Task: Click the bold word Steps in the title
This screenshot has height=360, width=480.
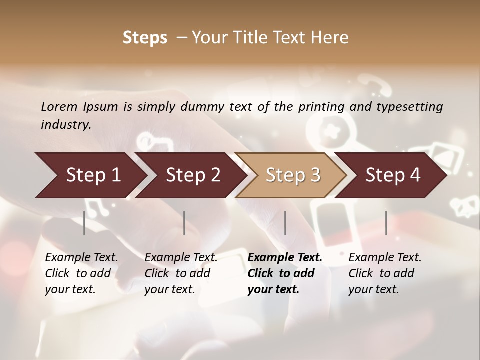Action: pos(145,38)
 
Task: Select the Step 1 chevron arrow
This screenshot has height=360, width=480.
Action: pos(90,175)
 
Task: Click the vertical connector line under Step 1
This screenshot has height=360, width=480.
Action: pos(84,223)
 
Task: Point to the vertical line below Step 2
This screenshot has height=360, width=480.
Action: pos(184,223)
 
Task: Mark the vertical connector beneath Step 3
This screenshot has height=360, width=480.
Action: pos(285,223)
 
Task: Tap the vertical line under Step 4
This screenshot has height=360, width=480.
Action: pos(386,223)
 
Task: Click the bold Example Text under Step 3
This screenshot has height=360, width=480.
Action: pos(285,258)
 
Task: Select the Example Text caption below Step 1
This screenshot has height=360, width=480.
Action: pos(81,258)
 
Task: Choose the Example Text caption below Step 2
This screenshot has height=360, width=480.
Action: pos(181,258)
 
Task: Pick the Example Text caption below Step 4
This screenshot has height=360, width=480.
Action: pos(385,258)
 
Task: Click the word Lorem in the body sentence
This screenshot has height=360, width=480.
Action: pos(59,107)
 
